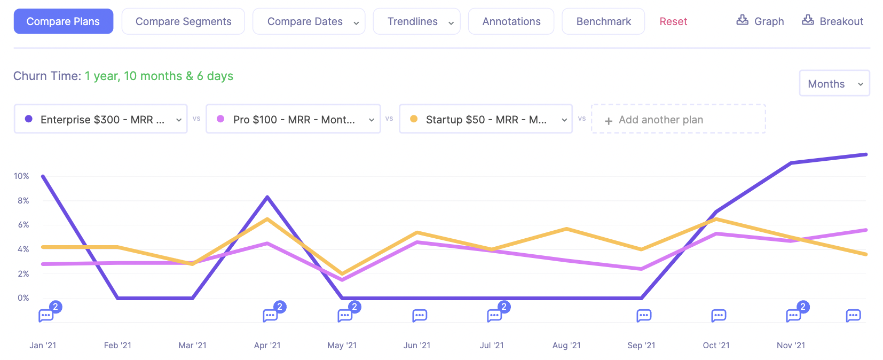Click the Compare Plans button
click(x=63, y=21)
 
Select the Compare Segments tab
click(x=183, y=21)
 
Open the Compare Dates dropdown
click(x=309, y=21)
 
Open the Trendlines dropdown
click(x=416, y=21)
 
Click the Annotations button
click(x=511, y=21)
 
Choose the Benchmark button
click(x=603, y=21)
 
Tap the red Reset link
click(x=673, y=21)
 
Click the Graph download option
click(x=760, y=21)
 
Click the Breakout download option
click(x=833, y=21)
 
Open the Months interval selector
click(x=834, y=84)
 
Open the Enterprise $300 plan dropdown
click(x=100, y=119)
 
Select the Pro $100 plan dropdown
click(x=293, y=119)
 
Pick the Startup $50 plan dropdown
click(x=486, y=119)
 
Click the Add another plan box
click(x=678, y=119)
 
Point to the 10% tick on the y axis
click(x=21, y=176)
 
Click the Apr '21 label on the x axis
click(x=267, y=346)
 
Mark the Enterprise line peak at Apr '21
click(x=267, y=197)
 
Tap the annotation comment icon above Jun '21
click(x=420, y=316)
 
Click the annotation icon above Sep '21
click(x=644, y=316)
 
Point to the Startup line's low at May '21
click(x=342, y=273)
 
